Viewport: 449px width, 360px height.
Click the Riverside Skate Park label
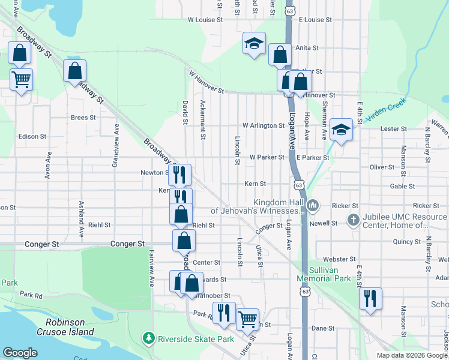[x=196, y=339]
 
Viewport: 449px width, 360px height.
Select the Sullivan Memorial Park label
[x=324, y=275]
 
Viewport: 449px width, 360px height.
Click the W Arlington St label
[x=264, y=125]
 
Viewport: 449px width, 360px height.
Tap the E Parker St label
[x=313, y=157]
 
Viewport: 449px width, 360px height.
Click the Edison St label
[x=28, y=136]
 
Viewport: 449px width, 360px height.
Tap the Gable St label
[x=402, y=187]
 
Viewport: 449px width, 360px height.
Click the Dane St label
[x=322, y=328]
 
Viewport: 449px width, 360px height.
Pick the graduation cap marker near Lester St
[x=341, y=129]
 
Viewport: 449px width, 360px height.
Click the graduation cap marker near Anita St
[x=255, y=43]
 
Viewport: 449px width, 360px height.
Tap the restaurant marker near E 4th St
[x=370, y=298]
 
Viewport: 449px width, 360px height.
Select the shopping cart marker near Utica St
[x=247, y=319]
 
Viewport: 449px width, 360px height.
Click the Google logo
[x=20, y=352]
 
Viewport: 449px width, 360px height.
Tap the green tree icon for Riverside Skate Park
[x=149, y=339]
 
